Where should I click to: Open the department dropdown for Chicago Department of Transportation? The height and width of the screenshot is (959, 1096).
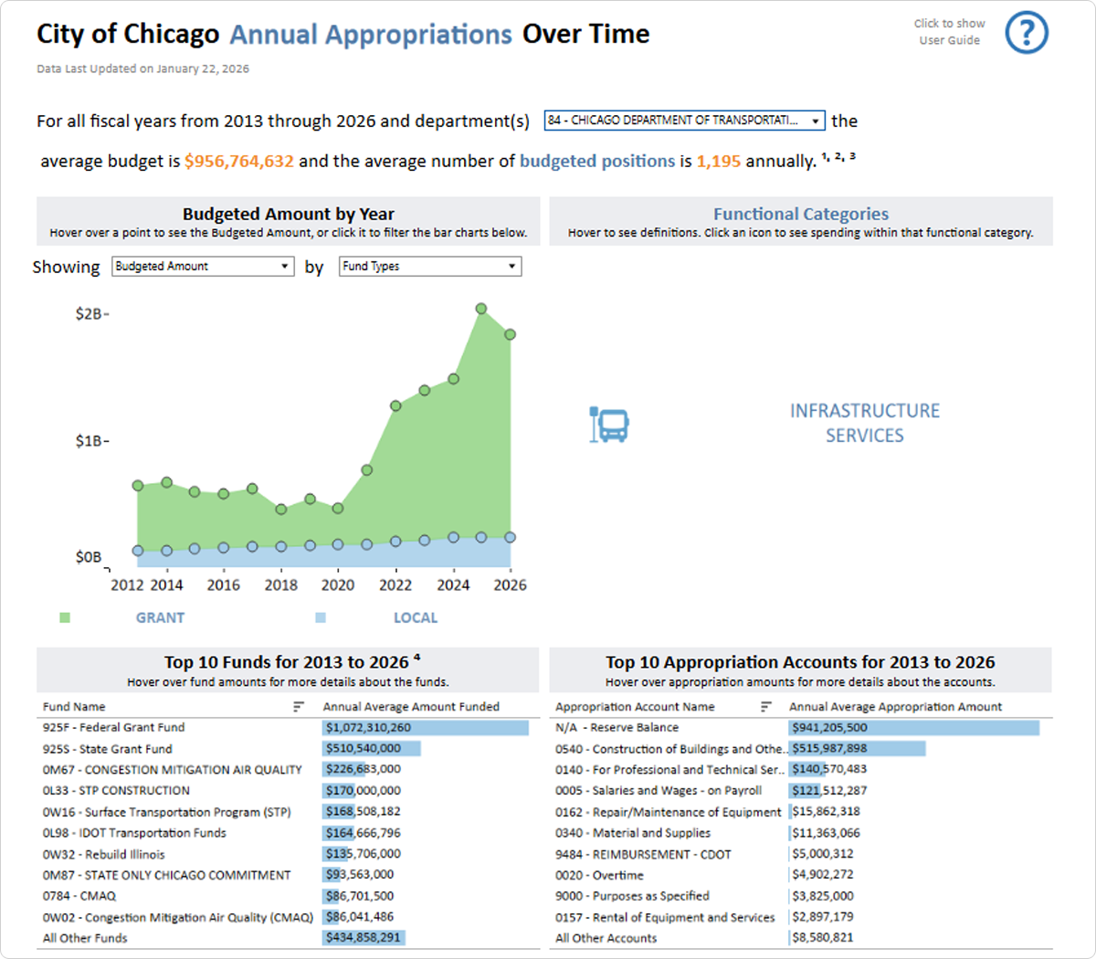[x=684, y=121]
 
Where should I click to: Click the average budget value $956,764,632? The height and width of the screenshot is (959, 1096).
[x=238, y=162]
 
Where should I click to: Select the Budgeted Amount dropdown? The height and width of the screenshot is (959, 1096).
[x=202, y=266]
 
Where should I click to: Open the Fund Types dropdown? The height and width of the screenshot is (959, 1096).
[x=429, y=266]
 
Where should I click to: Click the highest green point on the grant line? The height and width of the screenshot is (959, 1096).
[x=481, y=309]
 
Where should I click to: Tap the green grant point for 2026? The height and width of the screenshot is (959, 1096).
[x=510, y=334]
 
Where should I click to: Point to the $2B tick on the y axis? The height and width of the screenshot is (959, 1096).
[x=91, y=314]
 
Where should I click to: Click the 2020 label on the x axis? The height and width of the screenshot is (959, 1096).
[x=338, y=585]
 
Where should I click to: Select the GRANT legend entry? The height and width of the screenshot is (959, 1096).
[x=160, y=618]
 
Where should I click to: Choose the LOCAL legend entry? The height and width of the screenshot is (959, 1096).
[x=415, y=618]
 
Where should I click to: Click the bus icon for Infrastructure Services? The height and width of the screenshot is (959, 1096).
[x=609, y=425]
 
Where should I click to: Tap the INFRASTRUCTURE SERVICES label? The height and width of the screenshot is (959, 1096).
[x=864, y=423]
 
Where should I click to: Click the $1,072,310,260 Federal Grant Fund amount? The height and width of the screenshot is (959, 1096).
[x=369, y=728]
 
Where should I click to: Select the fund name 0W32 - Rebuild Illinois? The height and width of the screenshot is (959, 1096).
[x=104, y=855]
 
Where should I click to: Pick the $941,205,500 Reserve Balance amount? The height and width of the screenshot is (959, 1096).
[x=829, y=728]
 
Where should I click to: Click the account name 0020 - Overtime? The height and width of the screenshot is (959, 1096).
[x=599, y=875]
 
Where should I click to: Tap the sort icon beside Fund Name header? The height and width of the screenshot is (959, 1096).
[x=299, y=707]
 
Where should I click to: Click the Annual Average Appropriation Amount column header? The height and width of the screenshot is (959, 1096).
[x=895, y=707]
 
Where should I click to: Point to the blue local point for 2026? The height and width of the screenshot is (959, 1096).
[x=510, y=538]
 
